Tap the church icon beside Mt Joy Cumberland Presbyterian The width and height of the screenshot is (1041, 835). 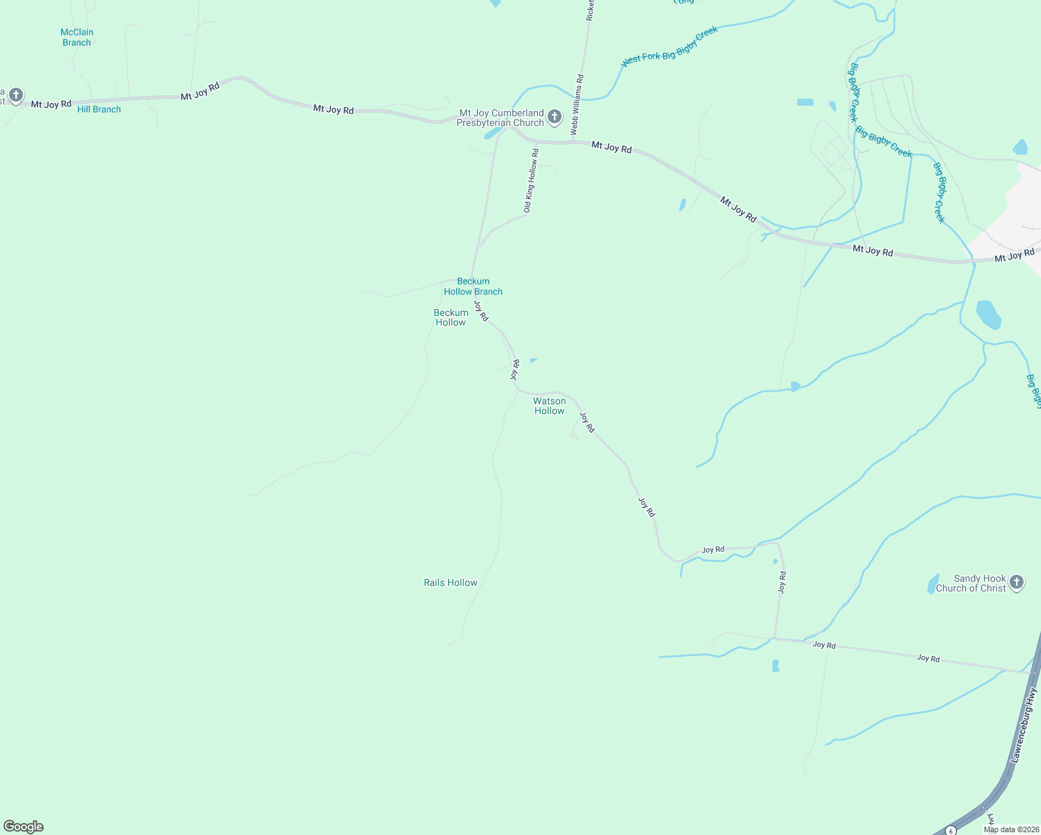click(555, 116)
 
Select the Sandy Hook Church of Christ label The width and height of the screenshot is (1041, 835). click(971, 583)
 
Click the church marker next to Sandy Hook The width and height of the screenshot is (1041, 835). click(1017, 582)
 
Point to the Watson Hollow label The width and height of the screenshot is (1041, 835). click(549, 406)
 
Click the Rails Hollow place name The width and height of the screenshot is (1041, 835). click(450, 582)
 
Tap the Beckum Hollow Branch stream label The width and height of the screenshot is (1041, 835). click(473, 287)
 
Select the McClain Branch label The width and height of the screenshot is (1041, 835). click(77, 38)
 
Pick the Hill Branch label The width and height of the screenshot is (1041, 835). click(99, 109)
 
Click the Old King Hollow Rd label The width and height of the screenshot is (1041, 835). click(531, 180)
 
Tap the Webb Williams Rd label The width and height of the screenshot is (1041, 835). click(577, 105)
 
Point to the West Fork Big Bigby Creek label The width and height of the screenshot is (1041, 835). click(669, 46)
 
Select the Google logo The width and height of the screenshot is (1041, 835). click(23, 827)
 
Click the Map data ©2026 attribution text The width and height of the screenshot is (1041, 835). click(1011, 829)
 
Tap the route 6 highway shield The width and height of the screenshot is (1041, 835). click(951, 831)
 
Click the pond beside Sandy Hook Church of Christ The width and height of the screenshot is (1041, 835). click(932, 584)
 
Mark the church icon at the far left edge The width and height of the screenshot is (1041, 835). click(15, 95)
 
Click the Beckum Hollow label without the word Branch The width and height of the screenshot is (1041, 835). click(450, 317)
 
